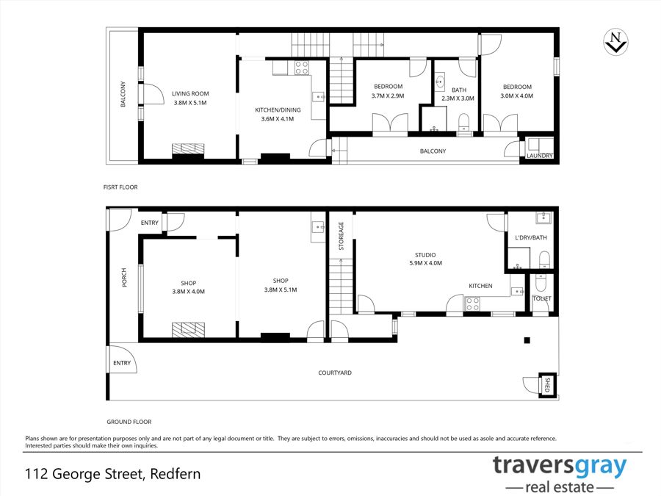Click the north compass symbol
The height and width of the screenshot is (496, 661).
click(x=615, y=42)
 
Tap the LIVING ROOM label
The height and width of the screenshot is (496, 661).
click(x=190, y=93)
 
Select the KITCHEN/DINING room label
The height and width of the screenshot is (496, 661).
click(x=278, y=109)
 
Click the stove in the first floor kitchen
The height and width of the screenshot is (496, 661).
click(x=301, y=68)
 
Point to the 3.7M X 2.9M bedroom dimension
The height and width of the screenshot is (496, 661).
click(x=388, y=96)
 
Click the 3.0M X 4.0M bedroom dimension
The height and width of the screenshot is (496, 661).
click(x=517, y=96)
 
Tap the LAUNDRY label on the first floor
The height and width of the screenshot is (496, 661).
click(x=540, y=156)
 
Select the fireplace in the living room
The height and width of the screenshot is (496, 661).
click(x=188, y=149)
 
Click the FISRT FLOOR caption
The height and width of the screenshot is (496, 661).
click(x=120, y=187)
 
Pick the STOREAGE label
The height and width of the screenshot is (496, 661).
click(x=341, y=236)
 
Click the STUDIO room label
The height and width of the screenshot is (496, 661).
click(x=425, y=255)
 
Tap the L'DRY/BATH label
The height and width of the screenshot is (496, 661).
click(x=531, y=237)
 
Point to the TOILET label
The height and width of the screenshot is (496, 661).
click(x=542, y=298)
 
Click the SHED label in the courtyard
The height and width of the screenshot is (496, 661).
click(x=548, y=384)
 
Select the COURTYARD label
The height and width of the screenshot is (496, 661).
click(x=335, y=373)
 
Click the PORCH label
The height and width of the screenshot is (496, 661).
click(x=124, y=278)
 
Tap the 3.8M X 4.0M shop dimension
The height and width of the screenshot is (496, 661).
click(x=189, y=292)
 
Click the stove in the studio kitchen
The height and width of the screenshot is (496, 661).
click(x=472, y=303)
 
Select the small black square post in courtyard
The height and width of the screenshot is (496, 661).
click(x=527, y=340)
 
